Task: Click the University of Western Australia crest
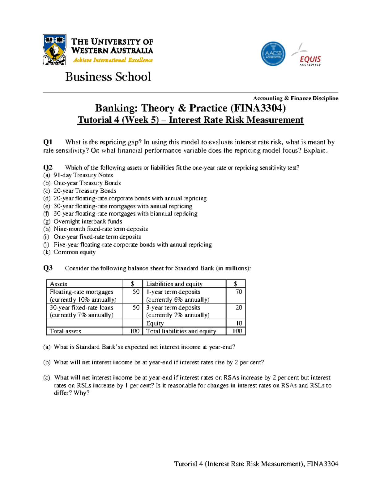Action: pyautogui.click(x=54, y=50)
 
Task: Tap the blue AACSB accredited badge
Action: pyautogui.click(x=273, y=54)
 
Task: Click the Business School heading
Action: pyautogui.click(x=108, y=77)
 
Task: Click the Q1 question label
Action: pyautogui.click(x=48, y=142)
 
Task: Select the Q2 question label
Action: pyautogui.click(x=48, y=168)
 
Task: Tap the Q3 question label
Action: pyautogui.click(x=48, y=268)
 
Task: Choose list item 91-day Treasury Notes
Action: pyautogui.click(x=83, y=175)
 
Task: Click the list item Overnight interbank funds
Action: pyautogui.click(x=88, y=221)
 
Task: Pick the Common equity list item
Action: pyautogui.click(x=75, y=252)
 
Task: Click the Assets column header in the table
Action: pyautogui.click(x=58, y=284)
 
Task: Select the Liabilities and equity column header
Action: pyautogui.click(x=174, y=284)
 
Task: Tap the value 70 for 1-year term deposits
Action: pyautogui.click(x=238, y=292)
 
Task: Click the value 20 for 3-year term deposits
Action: pyautogui.click(x=238, y=308)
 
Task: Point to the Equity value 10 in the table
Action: pyautogui.click(x=239, y=323)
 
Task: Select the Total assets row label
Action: pyautogui.click(x=65, y=331)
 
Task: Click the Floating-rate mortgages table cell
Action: pyautogui.click(x=82, y=292)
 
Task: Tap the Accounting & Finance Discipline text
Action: pyautogui.click(x=296, y=98)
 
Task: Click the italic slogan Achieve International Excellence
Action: pyautogui.click(x=113, y=60)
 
